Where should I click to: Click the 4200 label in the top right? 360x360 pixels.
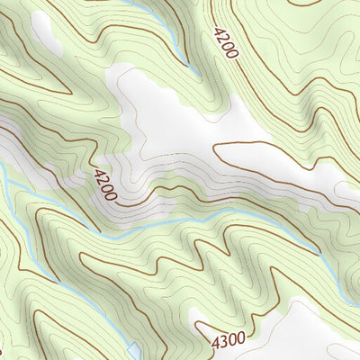point(226,43)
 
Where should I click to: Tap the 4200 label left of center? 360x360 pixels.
point(104,184)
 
